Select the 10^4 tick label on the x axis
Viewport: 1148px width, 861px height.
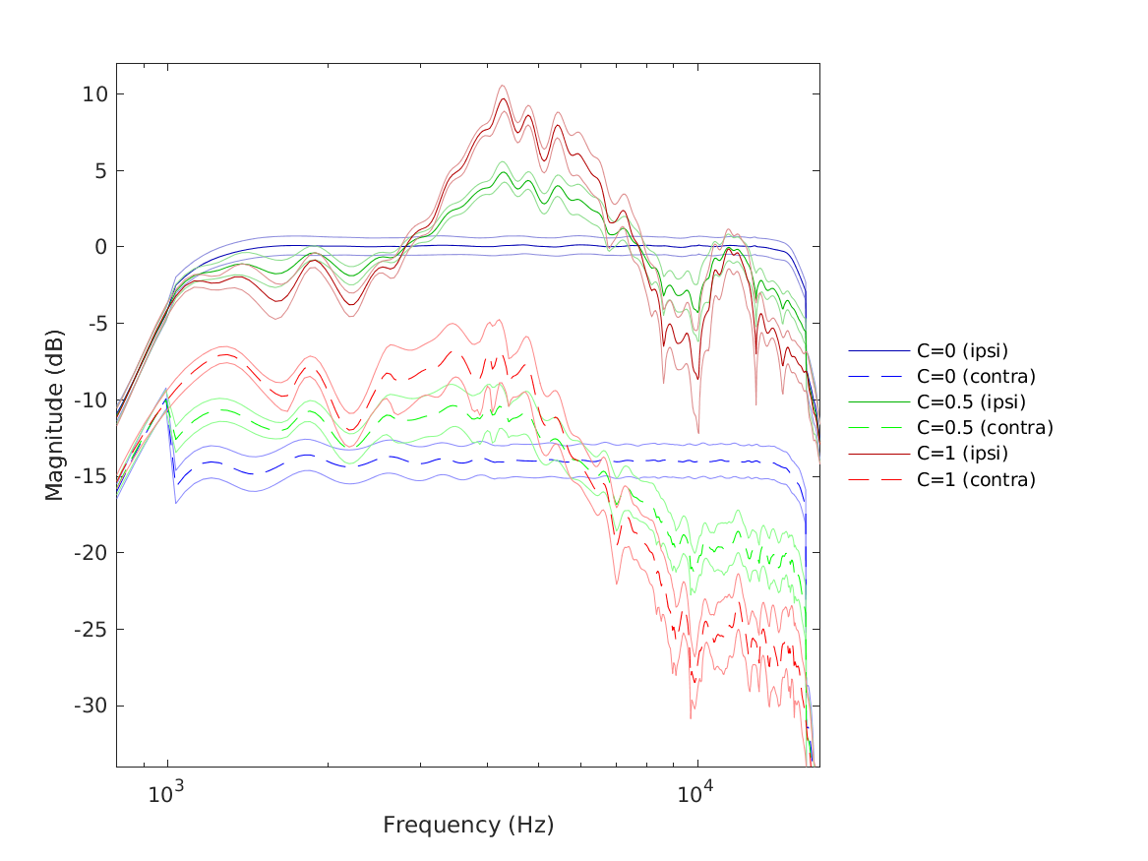(696, 792)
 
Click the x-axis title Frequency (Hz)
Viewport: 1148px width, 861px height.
(468, 825)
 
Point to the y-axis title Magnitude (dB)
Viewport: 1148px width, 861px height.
(55, 414)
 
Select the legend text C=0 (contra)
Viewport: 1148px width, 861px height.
(976, 376)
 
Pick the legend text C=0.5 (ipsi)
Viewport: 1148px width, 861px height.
(972, 401)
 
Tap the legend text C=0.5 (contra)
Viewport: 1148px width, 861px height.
(985, 427)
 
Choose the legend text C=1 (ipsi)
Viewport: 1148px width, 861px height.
(963, 454)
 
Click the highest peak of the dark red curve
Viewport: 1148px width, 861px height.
(503, 98)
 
